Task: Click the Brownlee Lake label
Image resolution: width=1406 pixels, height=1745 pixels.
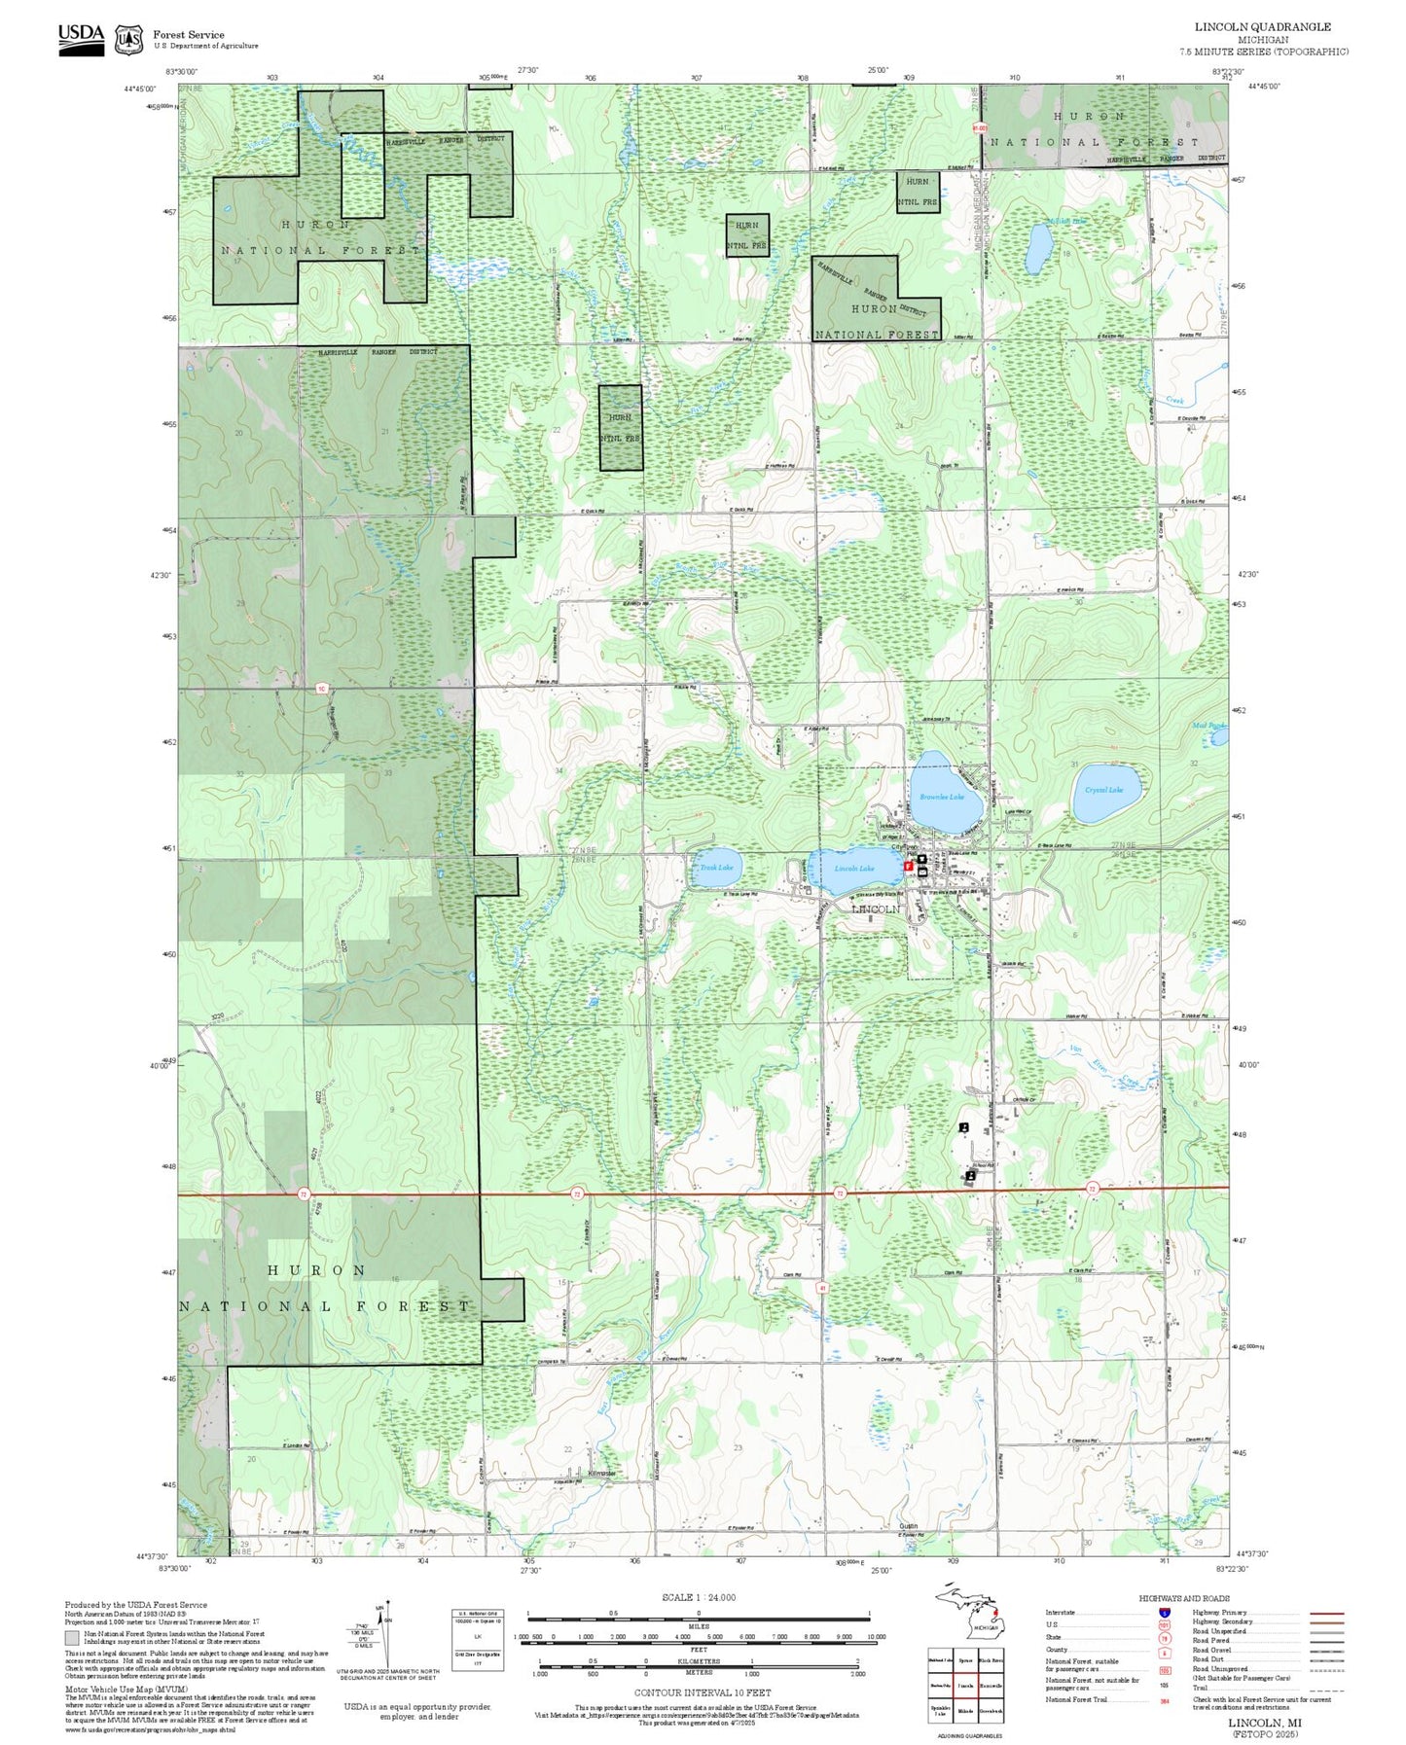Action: [941, 797]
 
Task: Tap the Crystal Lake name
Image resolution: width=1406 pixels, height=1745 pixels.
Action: [1103, 790]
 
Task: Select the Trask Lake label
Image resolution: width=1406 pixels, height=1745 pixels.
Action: [717, 868]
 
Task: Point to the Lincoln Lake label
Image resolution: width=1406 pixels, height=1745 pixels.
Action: [854, 869]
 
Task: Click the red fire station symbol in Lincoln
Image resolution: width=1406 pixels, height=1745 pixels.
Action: [908, 865]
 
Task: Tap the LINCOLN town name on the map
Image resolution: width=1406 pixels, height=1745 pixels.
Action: [877, 909]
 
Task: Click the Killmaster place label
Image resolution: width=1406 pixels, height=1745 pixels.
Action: [602, 1474]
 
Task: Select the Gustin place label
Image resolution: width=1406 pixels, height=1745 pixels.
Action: [909, 1526]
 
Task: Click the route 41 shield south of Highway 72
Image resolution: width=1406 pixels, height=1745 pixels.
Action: [822, 1286]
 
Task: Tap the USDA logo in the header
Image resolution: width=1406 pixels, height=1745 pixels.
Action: [81, 39]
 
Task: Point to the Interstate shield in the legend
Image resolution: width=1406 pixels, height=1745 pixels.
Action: [1165, 1612]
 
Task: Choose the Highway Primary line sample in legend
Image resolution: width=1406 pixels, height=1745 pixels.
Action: [1326, 1613]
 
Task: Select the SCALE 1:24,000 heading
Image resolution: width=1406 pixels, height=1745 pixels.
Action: [699, 1597]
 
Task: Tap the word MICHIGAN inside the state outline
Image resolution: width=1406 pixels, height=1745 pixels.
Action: [986, 1627]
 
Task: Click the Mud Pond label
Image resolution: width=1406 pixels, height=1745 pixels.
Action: [1209, 726]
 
